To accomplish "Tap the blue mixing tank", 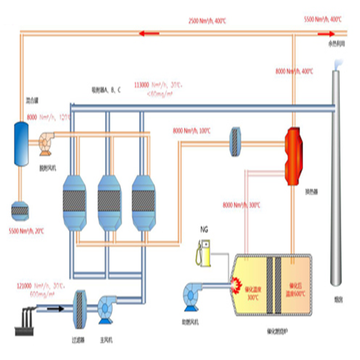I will tap(20, 143).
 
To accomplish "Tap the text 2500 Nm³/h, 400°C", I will tap(207, 21).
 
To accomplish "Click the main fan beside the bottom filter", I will tap(107, 308).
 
